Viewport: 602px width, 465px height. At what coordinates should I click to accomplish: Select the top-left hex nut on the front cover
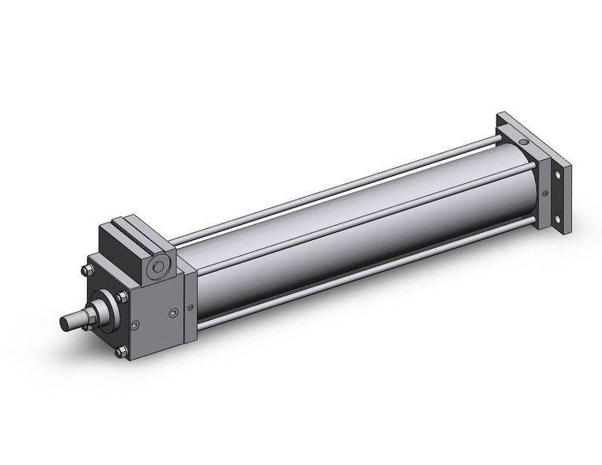(86, 271)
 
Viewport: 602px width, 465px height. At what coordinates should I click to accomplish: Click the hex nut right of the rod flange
(121, 298)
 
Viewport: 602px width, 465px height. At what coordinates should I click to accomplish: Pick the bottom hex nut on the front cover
(120, 351)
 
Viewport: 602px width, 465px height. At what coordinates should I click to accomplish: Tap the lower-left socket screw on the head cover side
(136, 324)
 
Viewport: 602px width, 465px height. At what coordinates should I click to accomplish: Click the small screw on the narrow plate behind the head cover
(189, 307)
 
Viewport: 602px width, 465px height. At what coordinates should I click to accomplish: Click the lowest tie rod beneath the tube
(356, 277)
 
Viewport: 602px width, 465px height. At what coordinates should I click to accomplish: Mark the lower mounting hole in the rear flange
(559, 220)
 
